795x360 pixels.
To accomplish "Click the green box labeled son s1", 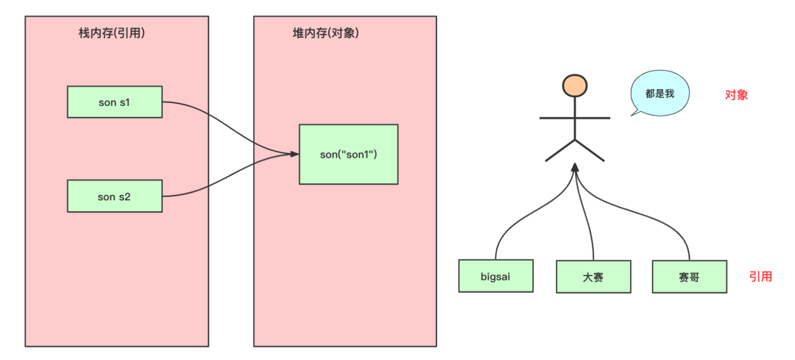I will (114, 102).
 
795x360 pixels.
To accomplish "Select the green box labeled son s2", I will (114, 196).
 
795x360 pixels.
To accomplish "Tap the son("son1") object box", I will (348, 154).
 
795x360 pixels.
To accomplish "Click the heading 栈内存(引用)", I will (112, 34).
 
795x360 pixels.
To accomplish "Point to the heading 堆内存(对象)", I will (325, 34).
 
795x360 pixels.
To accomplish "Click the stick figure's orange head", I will (574, 86).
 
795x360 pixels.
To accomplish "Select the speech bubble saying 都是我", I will (658, 95).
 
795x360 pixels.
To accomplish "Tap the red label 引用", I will (760, 277).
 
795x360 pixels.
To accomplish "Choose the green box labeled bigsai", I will (495, 276).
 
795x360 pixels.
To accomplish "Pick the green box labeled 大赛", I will (593, 277).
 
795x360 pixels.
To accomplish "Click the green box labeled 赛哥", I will (689, 276).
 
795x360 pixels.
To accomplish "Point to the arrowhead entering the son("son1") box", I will (294, 154).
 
